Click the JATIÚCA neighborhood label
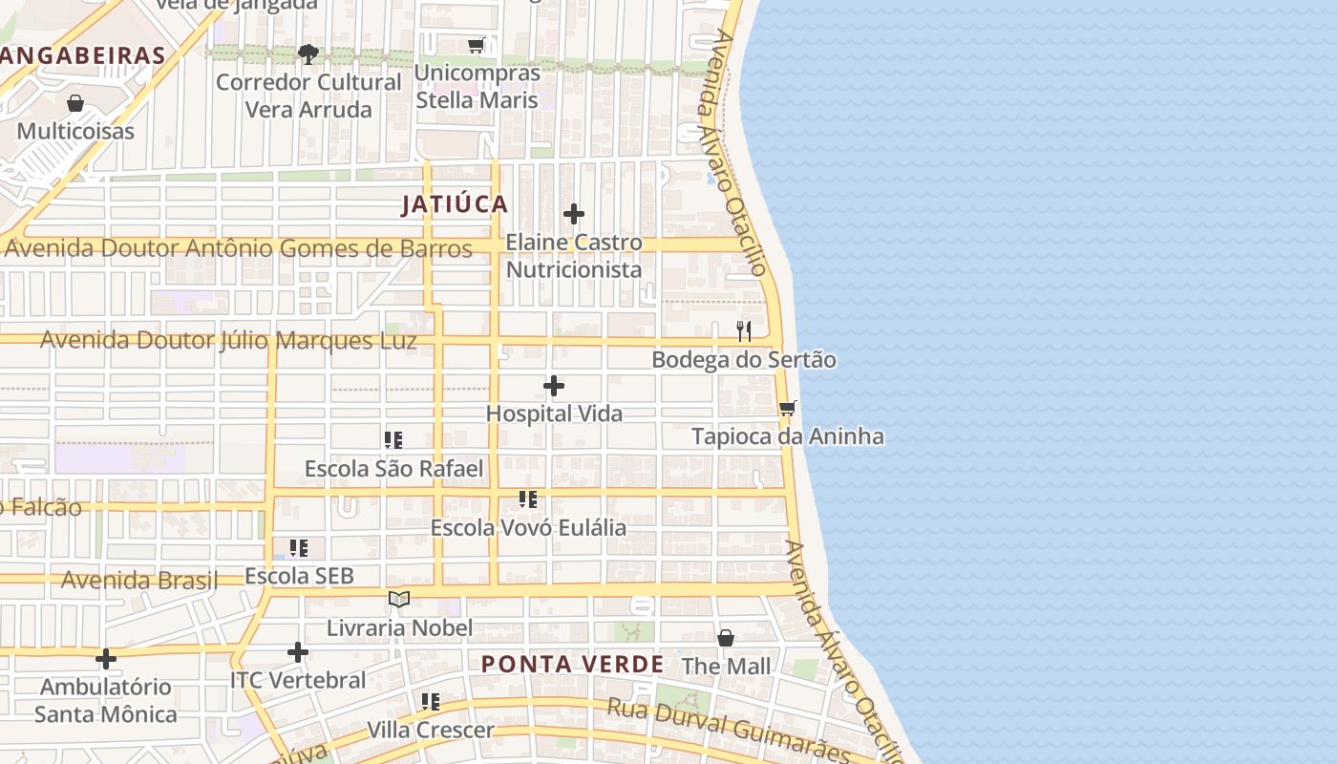click(x=455, y=204)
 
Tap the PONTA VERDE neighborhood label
click(x=572, y=665)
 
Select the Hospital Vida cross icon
click(x=554, y=386)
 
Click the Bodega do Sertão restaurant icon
click(x=744, y=331)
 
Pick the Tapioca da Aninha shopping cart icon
click(x=788, y=409)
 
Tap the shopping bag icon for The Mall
click(x=726, y=637)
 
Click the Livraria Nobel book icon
click(x=399, y=599)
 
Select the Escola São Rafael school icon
click(x=393, y=439)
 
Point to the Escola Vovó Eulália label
click(x=528, y=527)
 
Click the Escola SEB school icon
click(x=299, y=548)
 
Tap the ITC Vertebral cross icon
click(x=298, y=652)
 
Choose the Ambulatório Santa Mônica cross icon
click(x=106, y=659)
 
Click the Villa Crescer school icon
click(x=431, y=702)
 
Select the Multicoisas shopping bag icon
click(x=75, y=103)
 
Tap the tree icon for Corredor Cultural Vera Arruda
click(x=308, y=53)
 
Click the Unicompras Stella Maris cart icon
click(x=477, y=45)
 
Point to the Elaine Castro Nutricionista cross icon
click(x=573, y=214)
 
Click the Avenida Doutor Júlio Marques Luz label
click(x=228, y=341)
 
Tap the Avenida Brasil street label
click(x=139, y=580)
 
